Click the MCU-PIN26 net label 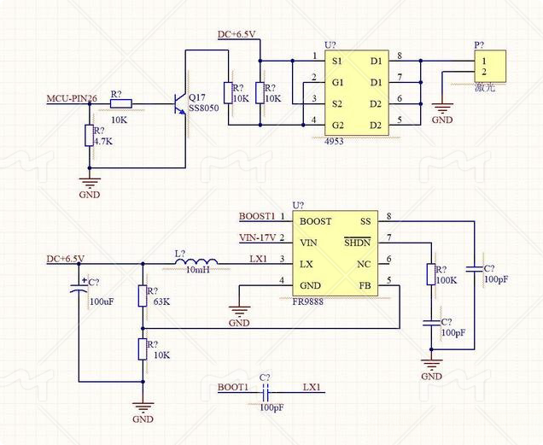[72, 99]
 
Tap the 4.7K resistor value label [103, 141]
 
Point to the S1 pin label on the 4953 [337, 61]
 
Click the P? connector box [489, 67]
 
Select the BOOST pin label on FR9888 [315, 220]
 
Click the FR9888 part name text [312, 302]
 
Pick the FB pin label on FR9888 [365, 284]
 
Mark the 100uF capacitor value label [101, 302]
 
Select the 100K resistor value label [447, 280]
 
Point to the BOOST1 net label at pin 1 [256, 216]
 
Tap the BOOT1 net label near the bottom [232, 387]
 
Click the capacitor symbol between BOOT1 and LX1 [266, 393]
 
